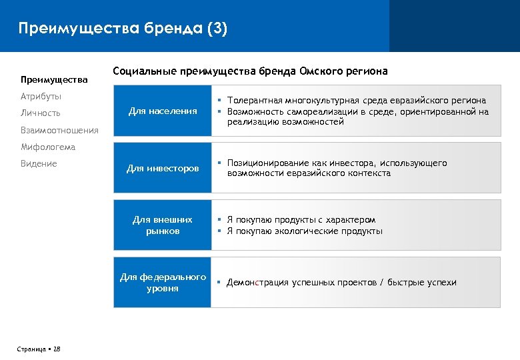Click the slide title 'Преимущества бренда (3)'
click(x=123, y=29)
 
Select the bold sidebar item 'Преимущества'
click(x=54, y=80)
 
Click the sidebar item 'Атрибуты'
click(x=41, y=97)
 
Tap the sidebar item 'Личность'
click(x=40, y=113)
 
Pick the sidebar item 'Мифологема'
click(x=48, y=147)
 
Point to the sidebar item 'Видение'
click(x=39, y=163)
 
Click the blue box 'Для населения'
click(x=163, y=111)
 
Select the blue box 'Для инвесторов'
click(x=163, y=169)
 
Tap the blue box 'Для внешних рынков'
click(x=163, y=225)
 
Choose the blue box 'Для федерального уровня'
click(x=163, y=283)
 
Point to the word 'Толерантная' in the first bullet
click(x=255, y=100)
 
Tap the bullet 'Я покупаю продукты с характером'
click(x=301, y=220)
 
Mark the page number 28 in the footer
click(x=57, y=349)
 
